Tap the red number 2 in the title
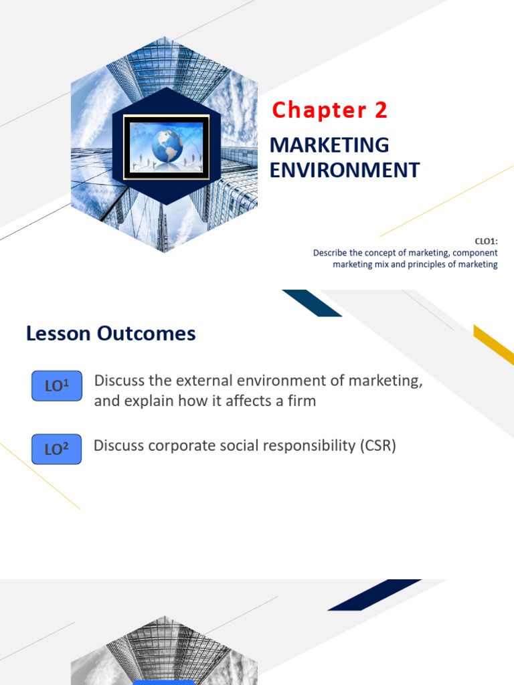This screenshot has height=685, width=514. click(x=381, y=110)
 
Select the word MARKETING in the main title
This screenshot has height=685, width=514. click(x=329, y=144)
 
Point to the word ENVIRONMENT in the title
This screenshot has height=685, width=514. click(x=344, y=170)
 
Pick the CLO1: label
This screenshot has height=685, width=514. click(x=486, y=242)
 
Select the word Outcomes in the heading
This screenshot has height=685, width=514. click(x=147, y=333)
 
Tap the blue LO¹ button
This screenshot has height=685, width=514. click(x=56, y=386)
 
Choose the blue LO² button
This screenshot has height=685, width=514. click(x=56, y=449)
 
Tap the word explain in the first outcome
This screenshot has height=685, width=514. click(x=144, y=402)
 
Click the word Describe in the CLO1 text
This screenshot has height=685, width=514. click(x=333, y=253)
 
